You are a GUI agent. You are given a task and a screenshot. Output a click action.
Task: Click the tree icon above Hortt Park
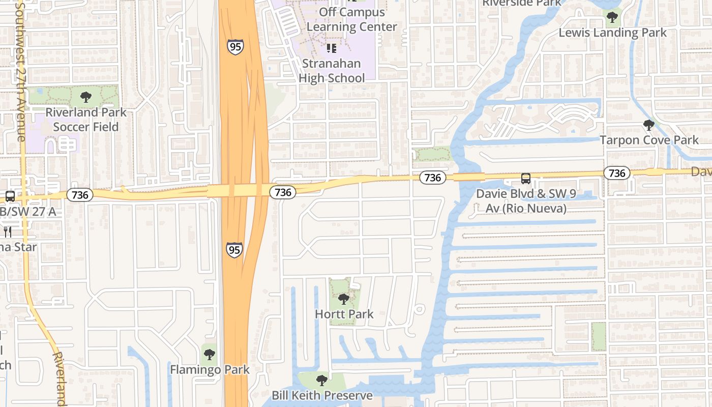coord(344,299)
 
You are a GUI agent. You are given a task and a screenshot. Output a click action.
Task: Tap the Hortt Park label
coord(344,314)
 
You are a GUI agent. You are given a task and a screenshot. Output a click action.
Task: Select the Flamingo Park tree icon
coord(209,354)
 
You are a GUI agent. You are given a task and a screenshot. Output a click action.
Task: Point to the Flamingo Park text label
coord(210,369)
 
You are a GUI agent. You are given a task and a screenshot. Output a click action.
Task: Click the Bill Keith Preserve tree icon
coord(321,380)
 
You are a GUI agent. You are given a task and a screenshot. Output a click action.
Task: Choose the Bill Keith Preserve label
coord(322,395)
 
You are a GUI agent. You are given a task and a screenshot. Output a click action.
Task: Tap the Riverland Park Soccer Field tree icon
coord(86,97)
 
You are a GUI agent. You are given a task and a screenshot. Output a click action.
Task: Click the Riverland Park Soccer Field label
coord(86,120)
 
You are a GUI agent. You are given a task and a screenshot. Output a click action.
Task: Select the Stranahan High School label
coord(332,71)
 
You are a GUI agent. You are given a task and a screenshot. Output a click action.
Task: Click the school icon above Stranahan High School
coord(332,48)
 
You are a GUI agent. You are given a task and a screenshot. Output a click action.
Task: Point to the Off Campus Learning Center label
coord(352,19)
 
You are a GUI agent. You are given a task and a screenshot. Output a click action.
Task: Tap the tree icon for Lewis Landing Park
coord(612,18)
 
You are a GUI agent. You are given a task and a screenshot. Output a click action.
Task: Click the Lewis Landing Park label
coord(612,33)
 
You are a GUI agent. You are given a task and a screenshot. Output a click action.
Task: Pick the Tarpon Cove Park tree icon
coord(648,125)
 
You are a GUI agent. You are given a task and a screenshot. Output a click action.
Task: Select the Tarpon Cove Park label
coord(649,140)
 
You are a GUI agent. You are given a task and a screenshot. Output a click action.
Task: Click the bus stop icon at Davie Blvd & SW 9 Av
coord(526,179)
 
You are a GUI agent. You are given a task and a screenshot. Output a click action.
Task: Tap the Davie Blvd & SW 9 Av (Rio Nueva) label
coord(521,201)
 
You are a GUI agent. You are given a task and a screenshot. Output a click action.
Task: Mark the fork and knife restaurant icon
coord(8,232)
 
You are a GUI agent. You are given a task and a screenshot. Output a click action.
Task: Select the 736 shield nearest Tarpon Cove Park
coord(617,173)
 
